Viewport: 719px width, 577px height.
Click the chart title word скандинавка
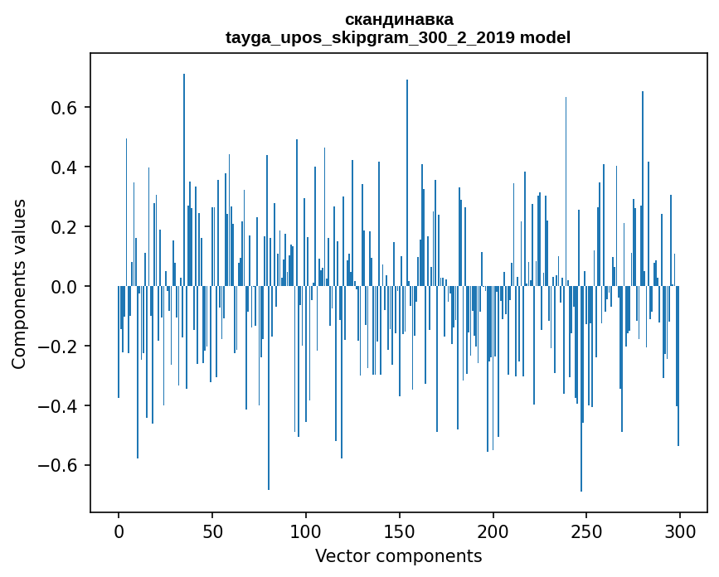pos(399,19)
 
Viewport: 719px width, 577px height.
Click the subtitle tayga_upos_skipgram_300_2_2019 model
pos(398,37)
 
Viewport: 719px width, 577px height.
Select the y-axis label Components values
pos(19,284)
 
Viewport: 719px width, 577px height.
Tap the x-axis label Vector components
pos(398,555)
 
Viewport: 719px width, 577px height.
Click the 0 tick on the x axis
pos(119,531)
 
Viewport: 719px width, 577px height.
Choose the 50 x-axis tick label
pos(212,531)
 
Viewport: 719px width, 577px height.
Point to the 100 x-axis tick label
pos(306,531)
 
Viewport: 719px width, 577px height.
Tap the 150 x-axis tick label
pos(400,531)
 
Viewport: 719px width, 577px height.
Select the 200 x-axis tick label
pos(493,531)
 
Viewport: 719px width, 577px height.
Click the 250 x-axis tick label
pos(587,531)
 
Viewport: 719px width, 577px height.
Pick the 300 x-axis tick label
pos(681,531)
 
